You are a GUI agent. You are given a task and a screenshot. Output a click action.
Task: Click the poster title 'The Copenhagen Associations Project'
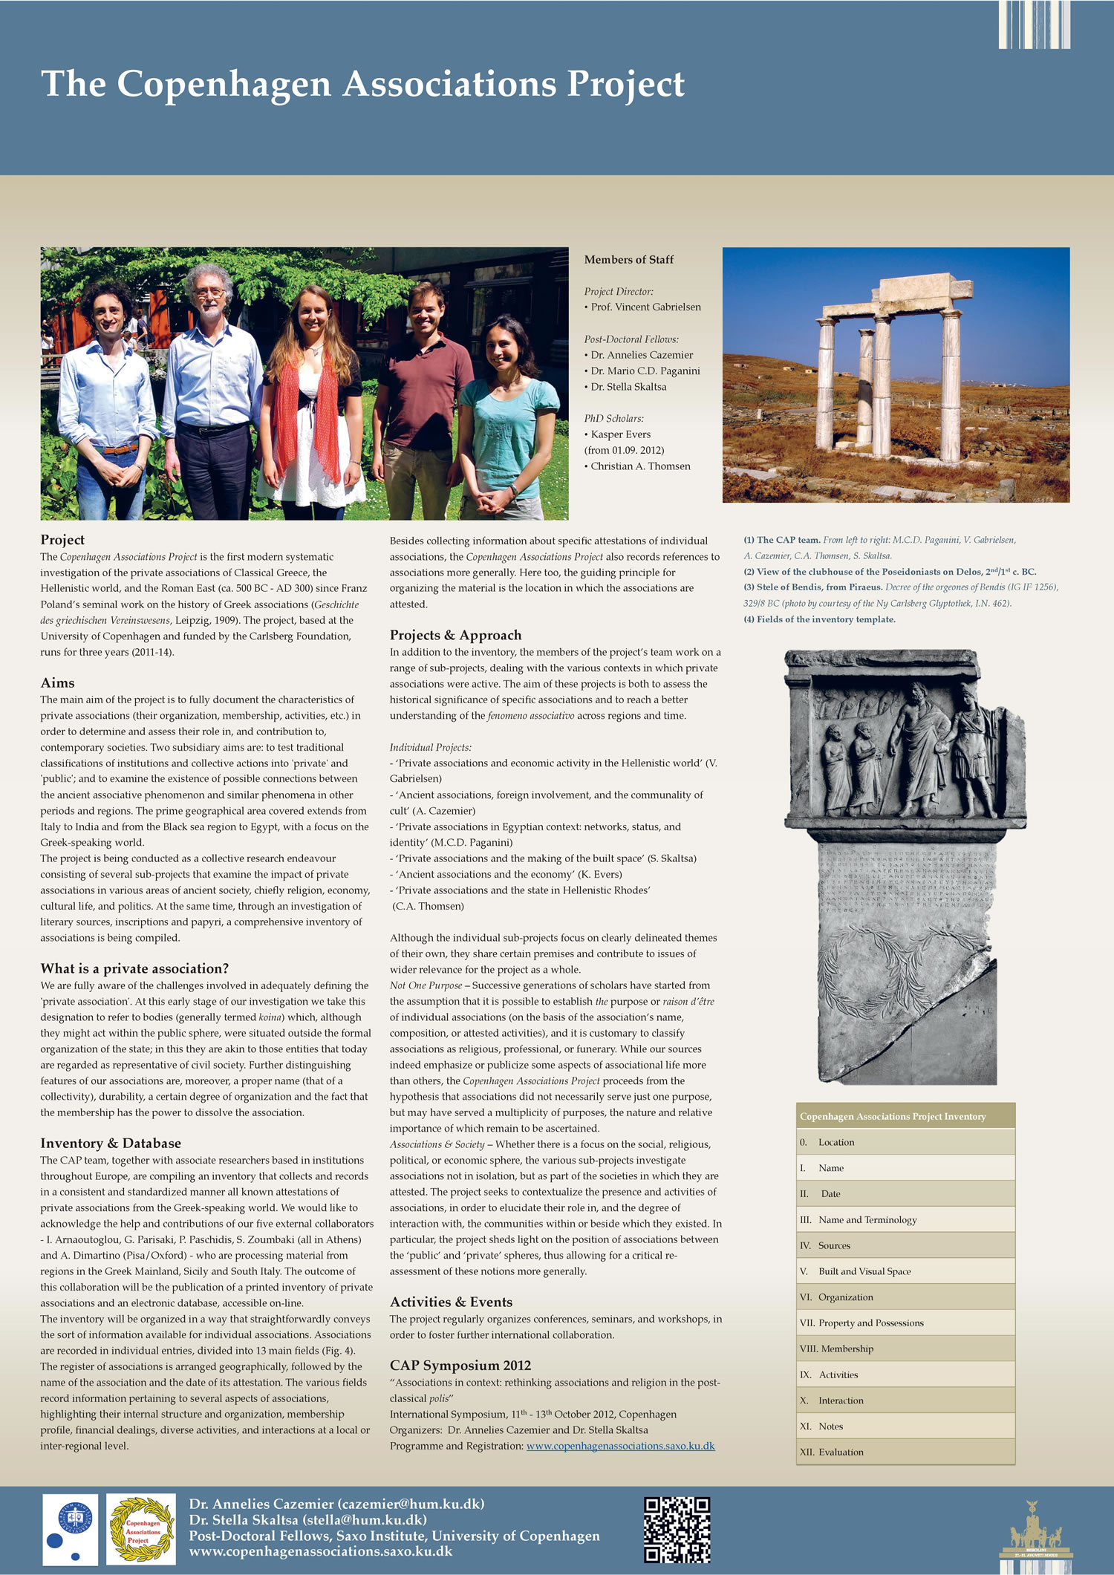click(362, 84)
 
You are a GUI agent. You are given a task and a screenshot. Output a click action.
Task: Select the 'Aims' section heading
click(58, 682)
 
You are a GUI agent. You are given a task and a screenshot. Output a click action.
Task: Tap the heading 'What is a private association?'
click(134, 968)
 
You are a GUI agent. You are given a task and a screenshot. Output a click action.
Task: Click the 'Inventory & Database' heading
click(111, 1143)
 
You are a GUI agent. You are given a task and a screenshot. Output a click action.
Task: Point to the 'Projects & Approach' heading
click(455, 635)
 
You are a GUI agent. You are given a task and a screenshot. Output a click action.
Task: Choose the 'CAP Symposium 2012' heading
click(460, 1365)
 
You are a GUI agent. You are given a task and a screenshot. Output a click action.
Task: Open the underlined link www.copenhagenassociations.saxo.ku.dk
click(620, 1446)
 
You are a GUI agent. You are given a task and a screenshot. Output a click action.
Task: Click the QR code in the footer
click(677, 1530)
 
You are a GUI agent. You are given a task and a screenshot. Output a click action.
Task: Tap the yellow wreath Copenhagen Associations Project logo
click(141, 1530)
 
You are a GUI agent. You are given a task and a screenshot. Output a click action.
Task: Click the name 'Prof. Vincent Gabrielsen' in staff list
click(645, 307)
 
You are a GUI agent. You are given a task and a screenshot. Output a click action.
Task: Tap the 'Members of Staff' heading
click(628, 260)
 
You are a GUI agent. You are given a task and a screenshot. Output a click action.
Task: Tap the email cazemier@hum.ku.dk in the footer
click(411, 1504)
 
